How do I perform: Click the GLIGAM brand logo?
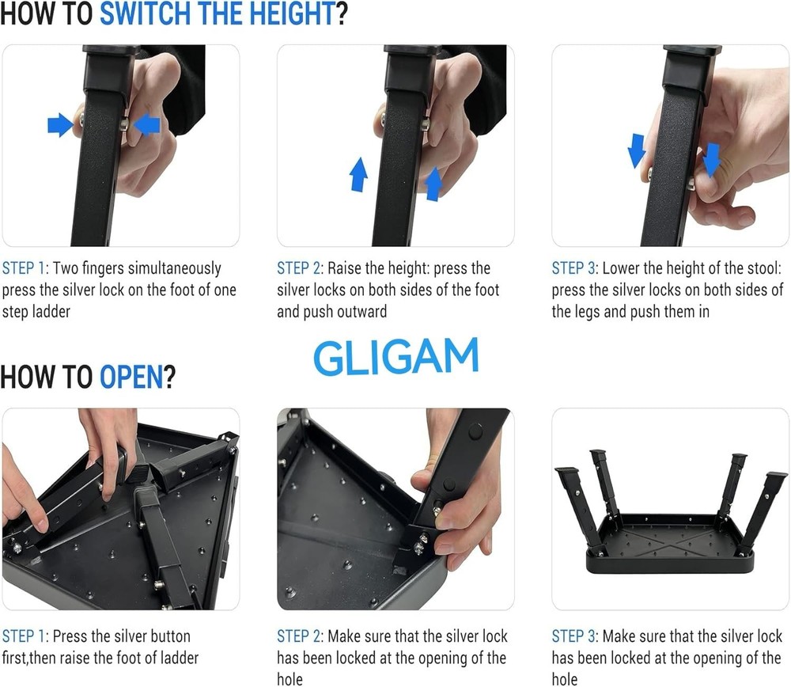click(395, 357)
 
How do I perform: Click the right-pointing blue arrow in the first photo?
click(60, 124)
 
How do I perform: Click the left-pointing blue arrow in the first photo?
click(147, 124)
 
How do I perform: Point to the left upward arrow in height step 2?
click(358, 174)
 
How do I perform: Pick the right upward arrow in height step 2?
click(433, 184)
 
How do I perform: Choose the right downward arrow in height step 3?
click(712, 159)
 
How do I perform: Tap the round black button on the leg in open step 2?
click(475, 432)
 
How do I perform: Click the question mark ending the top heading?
click(342, 15)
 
